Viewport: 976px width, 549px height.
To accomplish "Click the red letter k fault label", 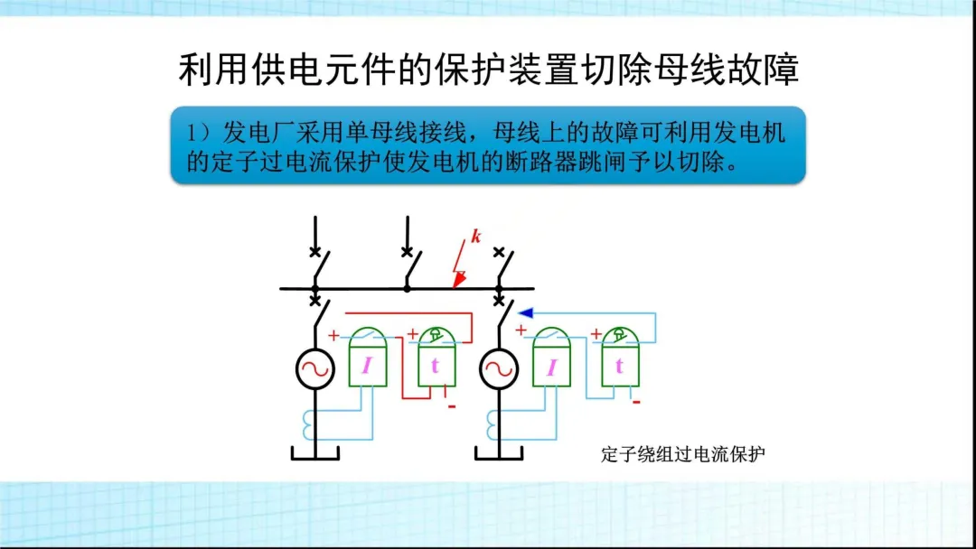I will [x=475, y=237].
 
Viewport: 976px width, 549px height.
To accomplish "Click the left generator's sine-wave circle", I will [x=316, y=368].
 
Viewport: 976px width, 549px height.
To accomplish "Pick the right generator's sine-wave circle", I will [x=498, y=368].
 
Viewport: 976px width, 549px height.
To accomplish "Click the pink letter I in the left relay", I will [x=367, y=366].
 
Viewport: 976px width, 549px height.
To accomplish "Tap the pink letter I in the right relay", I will [x=551, y=366].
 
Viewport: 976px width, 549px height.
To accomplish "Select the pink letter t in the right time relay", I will [x=619, y=366].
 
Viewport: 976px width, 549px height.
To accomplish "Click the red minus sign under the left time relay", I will [x=452, y=406].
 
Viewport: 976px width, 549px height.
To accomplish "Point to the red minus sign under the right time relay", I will [x=636, y=401].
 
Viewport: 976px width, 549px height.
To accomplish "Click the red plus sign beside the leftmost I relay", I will [x=333, y=335].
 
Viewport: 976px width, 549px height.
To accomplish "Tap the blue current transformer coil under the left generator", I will [x=310, y=420].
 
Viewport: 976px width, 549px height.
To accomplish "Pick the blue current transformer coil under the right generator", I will [x=493, y=420].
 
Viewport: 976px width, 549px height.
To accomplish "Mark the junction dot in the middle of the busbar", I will [x=407, y=288].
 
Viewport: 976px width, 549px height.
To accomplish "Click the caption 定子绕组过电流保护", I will [x=683, y=453].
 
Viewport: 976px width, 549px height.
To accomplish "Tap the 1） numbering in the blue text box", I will [x=200, y=134].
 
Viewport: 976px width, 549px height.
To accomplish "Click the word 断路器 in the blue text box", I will [x=538, y=165].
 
